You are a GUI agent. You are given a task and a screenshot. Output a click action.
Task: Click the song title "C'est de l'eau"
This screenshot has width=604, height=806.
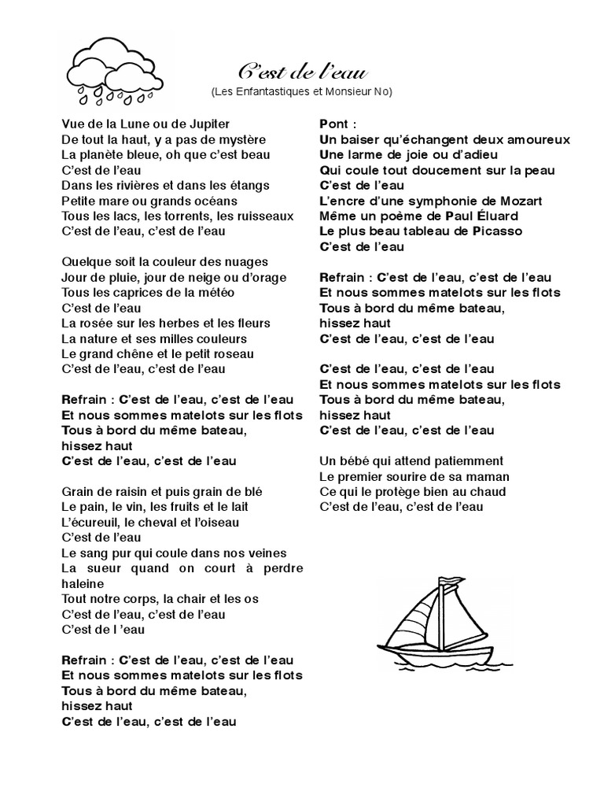(x=302, y=73)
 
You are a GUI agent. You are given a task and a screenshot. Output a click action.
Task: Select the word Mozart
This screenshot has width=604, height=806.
(x=521, y=201)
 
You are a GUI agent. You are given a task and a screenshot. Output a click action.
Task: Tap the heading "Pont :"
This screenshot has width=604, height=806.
(x=339, y=124)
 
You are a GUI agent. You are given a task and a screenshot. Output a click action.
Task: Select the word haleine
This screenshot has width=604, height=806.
(x=83, y=583)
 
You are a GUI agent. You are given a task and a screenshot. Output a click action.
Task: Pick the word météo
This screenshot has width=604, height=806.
(x=215, y=293)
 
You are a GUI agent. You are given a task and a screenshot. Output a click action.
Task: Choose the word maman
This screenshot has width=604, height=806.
(x=489, y=476)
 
